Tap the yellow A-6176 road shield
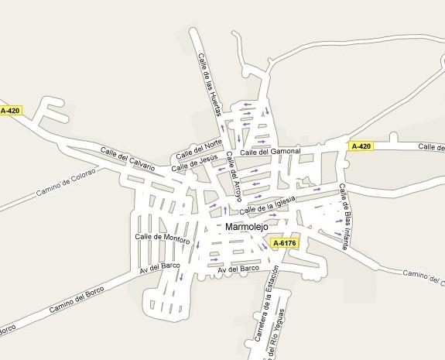tap(284, 243)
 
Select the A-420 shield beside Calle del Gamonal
tap(361, 146)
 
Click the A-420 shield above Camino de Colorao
tap(11, 111)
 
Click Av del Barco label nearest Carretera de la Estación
tap(239, 268)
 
